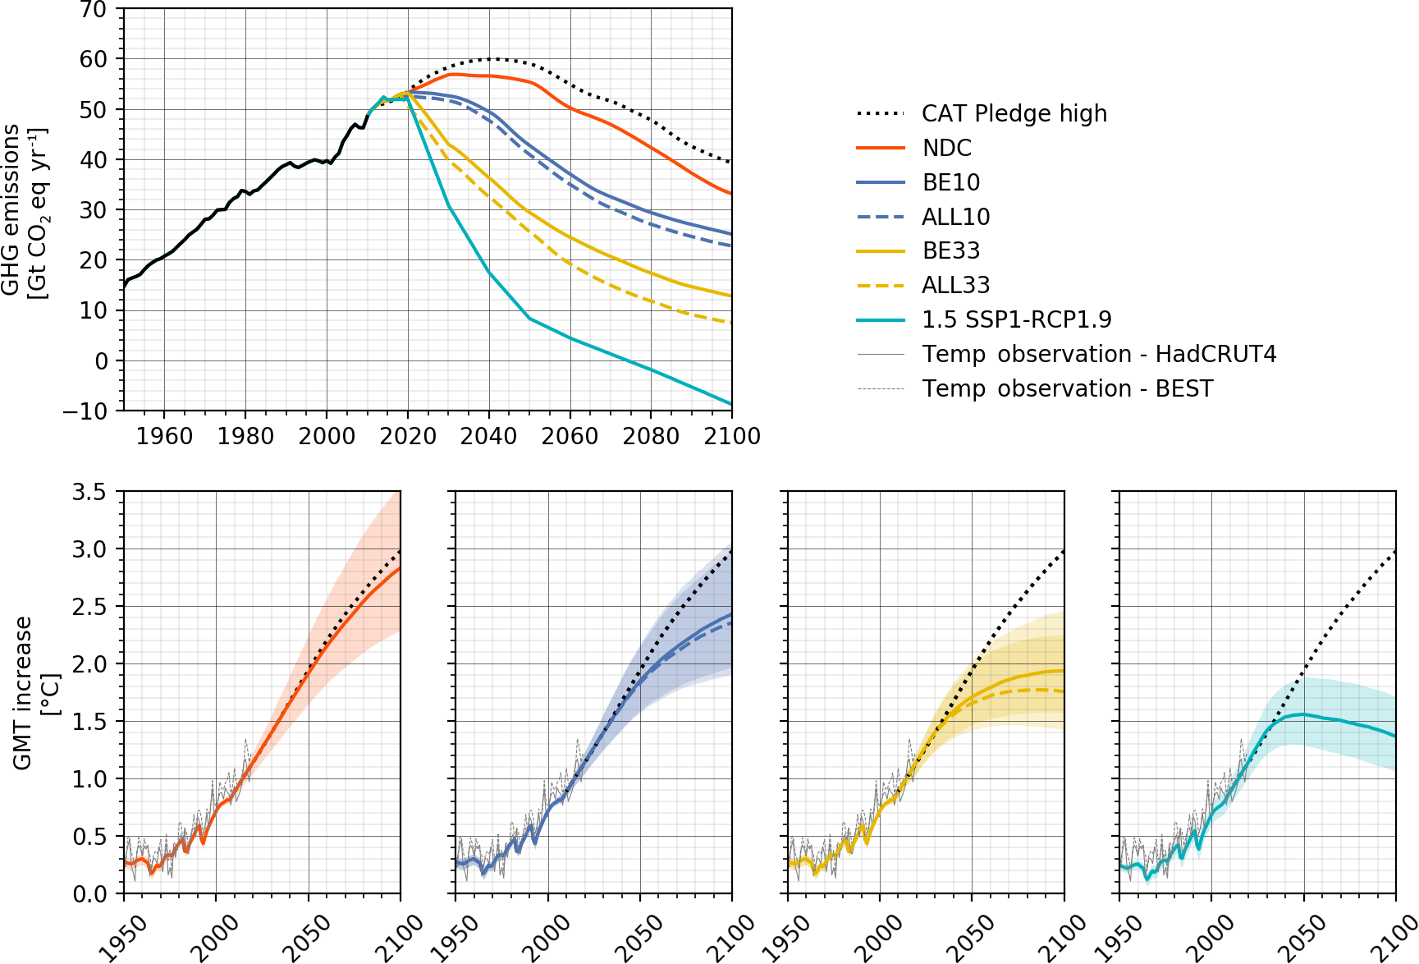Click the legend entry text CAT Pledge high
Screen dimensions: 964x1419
(1014, 113)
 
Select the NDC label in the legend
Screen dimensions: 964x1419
(946, 148)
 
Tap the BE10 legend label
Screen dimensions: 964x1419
(950, 182)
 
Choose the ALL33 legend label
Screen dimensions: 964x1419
(955, 285)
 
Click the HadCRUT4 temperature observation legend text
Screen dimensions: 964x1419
(1099, 354)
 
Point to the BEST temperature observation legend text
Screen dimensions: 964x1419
(1067, 388)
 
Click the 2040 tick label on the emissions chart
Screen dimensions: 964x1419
(489, 436)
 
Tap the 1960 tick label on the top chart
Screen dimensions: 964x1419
(165, 436)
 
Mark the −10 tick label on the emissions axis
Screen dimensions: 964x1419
(85, 411)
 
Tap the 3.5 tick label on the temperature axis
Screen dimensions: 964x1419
(89, 492)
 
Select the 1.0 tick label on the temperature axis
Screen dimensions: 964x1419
(89, 779)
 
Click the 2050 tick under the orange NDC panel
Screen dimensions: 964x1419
(305, 936)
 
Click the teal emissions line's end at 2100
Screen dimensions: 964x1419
(730, 404)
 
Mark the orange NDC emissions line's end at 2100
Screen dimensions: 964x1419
(730, 193)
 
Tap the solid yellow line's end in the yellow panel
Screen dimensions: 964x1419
(1064, 671)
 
